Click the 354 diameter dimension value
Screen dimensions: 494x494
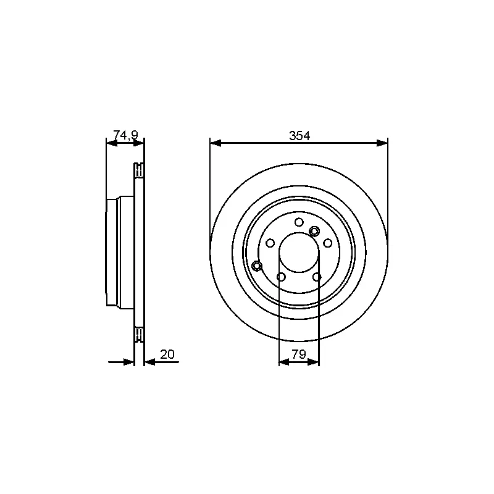pyautogui.click(x=299, y=135)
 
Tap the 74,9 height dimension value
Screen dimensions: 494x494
pyautogui.click(x=126, y=135)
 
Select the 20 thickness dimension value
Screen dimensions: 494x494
pyautogui.click(x=167, y=354)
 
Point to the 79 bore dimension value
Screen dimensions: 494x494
pyautogui.click(x=299, y=354)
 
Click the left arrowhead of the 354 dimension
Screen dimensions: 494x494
pyautogui.click(x=216, y=143)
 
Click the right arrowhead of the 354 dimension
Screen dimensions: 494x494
pyautogui.click(x=382, y=143)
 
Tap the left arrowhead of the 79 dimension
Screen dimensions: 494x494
pyautogui.click(x=284, y=362)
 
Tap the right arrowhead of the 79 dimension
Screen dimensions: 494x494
pyautogui.click(x=314, y=362)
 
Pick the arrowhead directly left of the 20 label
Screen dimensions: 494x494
pyautogui.click(x=150, y=362)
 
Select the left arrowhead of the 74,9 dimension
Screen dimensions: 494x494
pyautogui.click(x=112, y=143)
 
